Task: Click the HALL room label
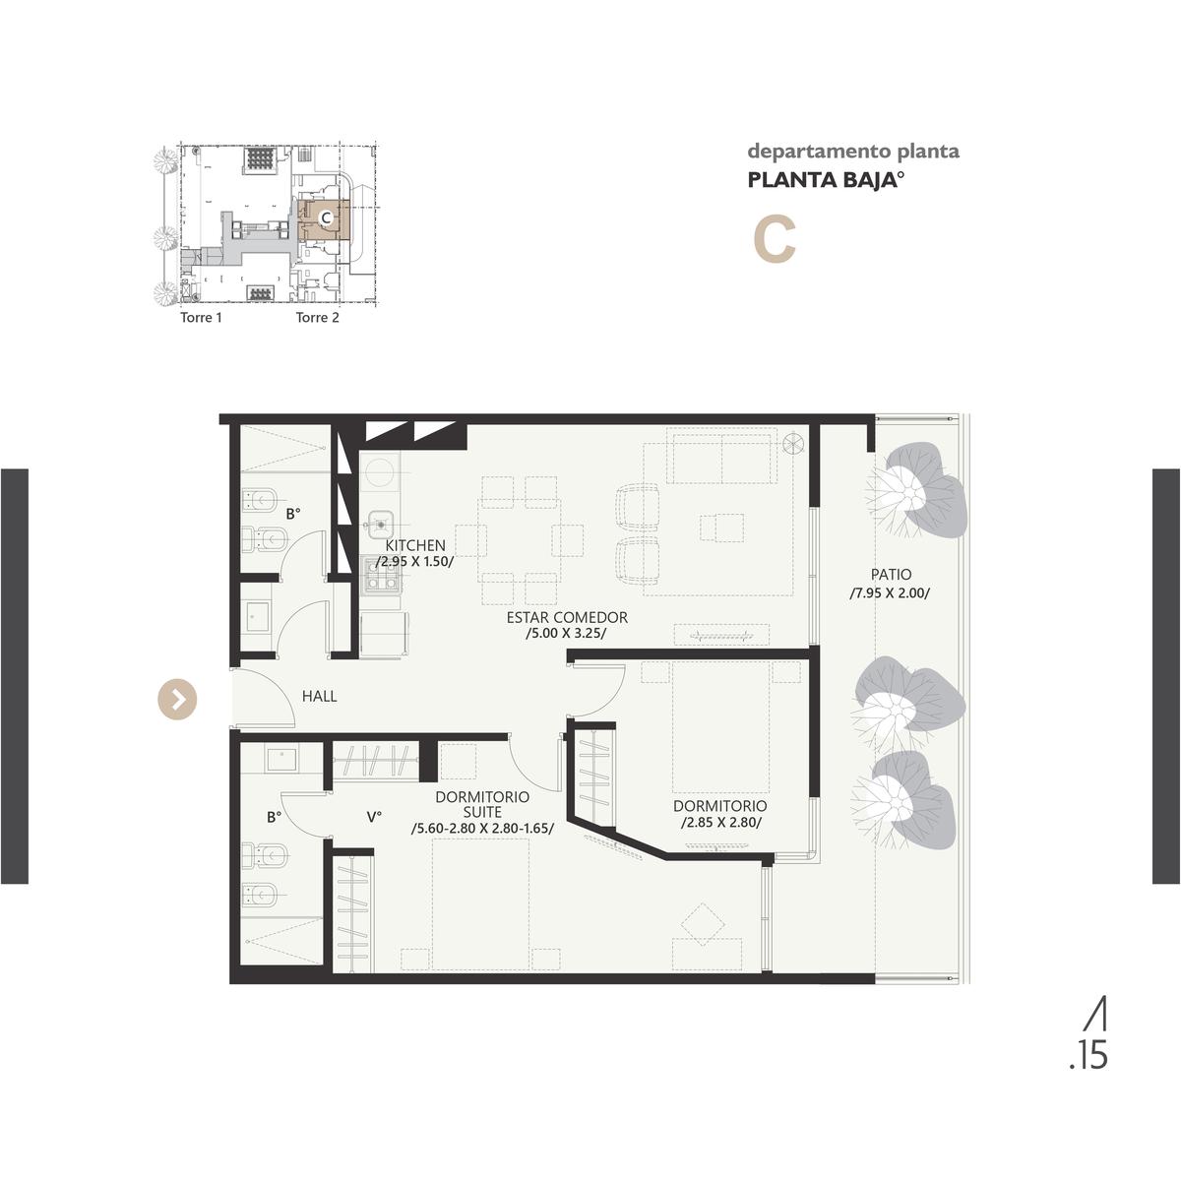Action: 319,696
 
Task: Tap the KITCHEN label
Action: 415,545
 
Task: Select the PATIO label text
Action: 891,574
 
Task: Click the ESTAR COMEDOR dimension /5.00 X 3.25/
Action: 566,633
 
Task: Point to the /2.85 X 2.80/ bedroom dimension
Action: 720,823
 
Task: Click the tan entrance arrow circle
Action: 178,699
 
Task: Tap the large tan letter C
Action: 775,241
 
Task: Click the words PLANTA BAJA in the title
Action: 821,181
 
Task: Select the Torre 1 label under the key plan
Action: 201,318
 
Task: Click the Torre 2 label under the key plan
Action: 318,318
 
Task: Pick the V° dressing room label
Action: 374,817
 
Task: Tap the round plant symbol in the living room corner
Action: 793,443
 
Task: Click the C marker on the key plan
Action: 326,218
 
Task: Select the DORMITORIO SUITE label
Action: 482,805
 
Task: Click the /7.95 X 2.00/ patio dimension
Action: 890,593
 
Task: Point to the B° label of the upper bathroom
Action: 293,514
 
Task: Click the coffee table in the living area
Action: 722,528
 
